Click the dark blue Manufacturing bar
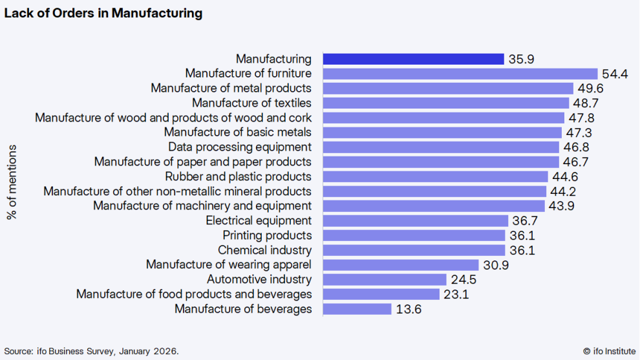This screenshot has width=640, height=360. coord(413,59)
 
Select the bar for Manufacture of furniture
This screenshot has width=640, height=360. coord(460,74)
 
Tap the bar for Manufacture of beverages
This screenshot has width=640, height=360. coord(357,309)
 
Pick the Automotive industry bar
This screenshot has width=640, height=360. coord(385,279)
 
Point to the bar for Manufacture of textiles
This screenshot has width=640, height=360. coord(446,103)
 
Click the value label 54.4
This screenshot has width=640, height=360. coord(615,74)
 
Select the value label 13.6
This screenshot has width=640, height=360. coord(409,309)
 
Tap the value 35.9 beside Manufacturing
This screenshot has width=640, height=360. coord(522,59)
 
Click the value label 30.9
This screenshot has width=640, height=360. coord(496,265)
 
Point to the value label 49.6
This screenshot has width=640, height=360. coord(591,88)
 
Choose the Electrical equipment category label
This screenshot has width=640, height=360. coord(259,220)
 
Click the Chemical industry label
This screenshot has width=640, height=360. coord(264,250)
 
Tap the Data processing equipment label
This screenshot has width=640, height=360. coord(240,147)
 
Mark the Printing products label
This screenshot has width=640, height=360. coord(267,235)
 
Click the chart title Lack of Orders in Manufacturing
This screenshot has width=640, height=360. coord(103,13)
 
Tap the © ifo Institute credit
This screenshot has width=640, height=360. coord(609,351)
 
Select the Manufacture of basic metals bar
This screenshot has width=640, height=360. coord(442,132)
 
